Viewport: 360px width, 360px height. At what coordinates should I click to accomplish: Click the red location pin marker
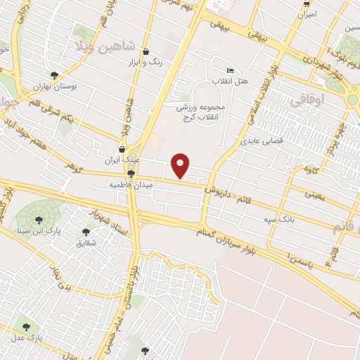pos(181,165)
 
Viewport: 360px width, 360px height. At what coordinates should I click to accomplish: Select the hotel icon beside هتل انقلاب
pos(230,71)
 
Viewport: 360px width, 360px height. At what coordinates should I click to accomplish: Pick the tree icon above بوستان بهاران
pos(55,75)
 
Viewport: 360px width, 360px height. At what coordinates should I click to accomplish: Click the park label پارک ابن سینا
pos(51,231)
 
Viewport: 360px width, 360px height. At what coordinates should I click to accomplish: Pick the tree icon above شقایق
pos(86,231)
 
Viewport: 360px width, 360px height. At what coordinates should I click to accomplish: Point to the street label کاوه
pos(312,169)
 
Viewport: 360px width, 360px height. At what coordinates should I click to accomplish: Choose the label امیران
pos(307,14)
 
